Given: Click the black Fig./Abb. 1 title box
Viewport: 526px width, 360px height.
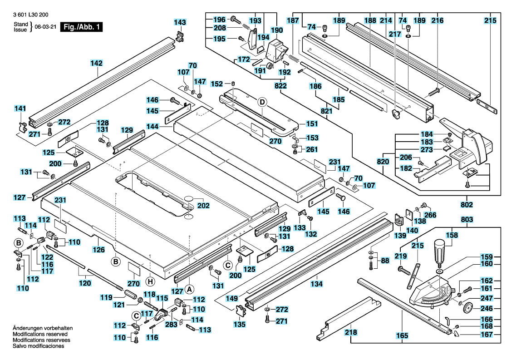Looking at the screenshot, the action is pos(81,27).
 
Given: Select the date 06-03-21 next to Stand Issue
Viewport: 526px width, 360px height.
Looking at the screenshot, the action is pos(46,27).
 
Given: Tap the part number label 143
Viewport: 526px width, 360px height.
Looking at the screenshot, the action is pos(180,22).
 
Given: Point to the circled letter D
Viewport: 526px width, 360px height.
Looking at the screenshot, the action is pos(262,102).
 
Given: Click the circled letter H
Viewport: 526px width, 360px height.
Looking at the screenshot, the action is pos(150,281).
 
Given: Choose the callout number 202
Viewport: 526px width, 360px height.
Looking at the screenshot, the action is pos(203,205).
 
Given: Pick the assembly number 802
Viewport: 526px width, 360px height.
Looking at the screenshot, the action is pos(467,204).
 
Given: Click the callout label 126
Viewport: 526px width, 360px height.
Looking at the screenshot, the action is pos(98,249).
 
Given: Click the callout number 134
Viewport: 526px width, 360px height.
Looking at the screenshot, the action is pos(316,284).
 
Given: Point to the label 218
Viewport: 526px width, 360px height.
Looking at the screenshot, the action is pos(351,332).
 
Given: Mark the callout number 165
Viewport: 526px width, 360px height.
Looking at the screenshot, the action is pos(402,335).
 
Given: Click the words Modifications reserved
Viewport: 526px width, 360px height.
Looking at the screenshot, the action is pos(40,334).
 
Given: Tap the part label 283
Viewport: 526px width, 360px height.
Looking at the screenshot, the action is pos(171,325).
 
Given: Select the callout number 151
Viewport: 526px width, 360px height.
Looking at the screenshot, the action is pos(312,123).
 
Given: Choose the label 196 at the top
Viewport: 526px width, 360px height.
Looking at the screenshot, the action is pos(219,20).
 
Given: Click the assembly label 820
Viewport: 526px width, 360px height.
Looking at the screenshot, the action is pos(383,161).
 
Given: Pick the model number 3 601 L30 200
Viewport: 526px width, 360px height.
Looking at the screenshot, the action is pos(30,15).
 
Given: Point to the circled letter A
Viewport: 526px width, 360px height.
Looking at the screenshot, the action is pos(189,289).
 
